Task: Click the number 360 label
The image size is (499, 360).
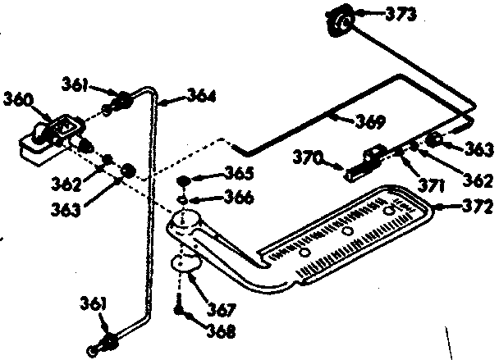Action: (18, 100)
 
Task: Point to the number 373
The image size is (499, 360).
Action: (401, 13)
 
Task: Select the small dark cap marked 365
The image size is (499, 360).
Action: (185, 180)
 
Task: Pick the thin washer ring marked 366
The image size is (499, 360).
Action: (184, 197)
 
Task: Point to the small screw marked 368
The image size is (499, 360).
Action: (178, 308)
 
